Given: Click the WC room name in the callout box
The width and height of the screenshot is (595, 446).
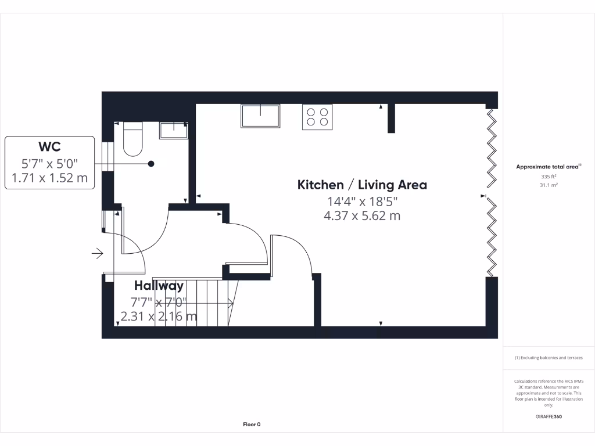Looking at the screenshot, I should [x=49, y=147].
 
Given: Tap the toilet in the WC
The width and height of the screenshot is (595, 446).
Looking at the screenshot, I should [x=133, y=140].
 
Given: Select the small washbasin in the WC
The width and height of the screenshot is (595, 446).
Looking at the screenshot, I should [x=173, y=130].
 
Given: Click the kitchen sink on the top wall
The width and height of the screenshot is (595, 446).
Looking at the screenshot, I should [x=260, y=116].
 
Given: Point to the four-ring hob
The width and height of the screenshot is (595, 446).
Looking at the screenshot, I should [x=317, y=117].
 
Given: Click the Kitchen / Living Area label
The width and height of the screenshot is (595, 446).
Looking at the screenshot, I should [x=362, y=185].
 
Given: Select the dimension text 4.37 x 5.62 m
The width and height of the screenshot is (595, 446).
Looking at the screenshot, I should [x=362, y=216].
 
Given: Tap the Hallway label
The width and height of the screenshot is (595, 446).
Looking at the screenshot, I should [x=159, y=286].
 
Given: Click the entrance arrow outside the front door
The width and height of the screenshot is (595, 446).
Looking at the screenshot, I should [x=97, y=253].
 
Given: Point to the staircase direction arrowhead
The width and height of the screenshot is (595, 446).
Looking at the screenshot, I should [x=231, y=303].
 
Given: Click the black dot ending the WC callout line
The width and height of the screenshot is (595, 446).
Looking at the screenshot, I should [x=151, y=164].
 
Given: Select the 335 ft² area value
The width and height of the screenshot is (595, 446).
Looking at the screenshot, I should [x=549, y=176].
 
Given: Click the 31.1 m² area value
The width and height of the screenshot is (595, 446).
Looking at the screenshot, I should [x=549, y=185].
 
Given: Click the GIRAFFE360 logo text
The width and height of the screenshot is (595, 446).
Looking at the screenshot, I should [x=549, y=416].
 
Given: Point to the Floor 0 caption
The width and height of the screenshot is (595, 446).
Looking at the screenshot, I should [x=252, y=425].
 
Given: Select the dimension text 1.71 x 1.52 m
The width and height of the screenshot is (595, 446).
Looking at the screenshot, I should [x=49, y=178].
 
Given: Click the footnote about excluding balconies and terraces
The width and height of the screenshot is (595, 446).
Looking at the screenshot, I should [x=549, y=358].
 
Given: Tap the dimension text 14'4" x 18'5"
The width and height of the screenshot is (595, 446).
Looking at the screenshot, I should [x=362, y=202].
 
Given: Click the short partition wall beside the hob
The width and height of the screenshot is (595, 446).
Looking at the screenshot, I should [x=392, y=118].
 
